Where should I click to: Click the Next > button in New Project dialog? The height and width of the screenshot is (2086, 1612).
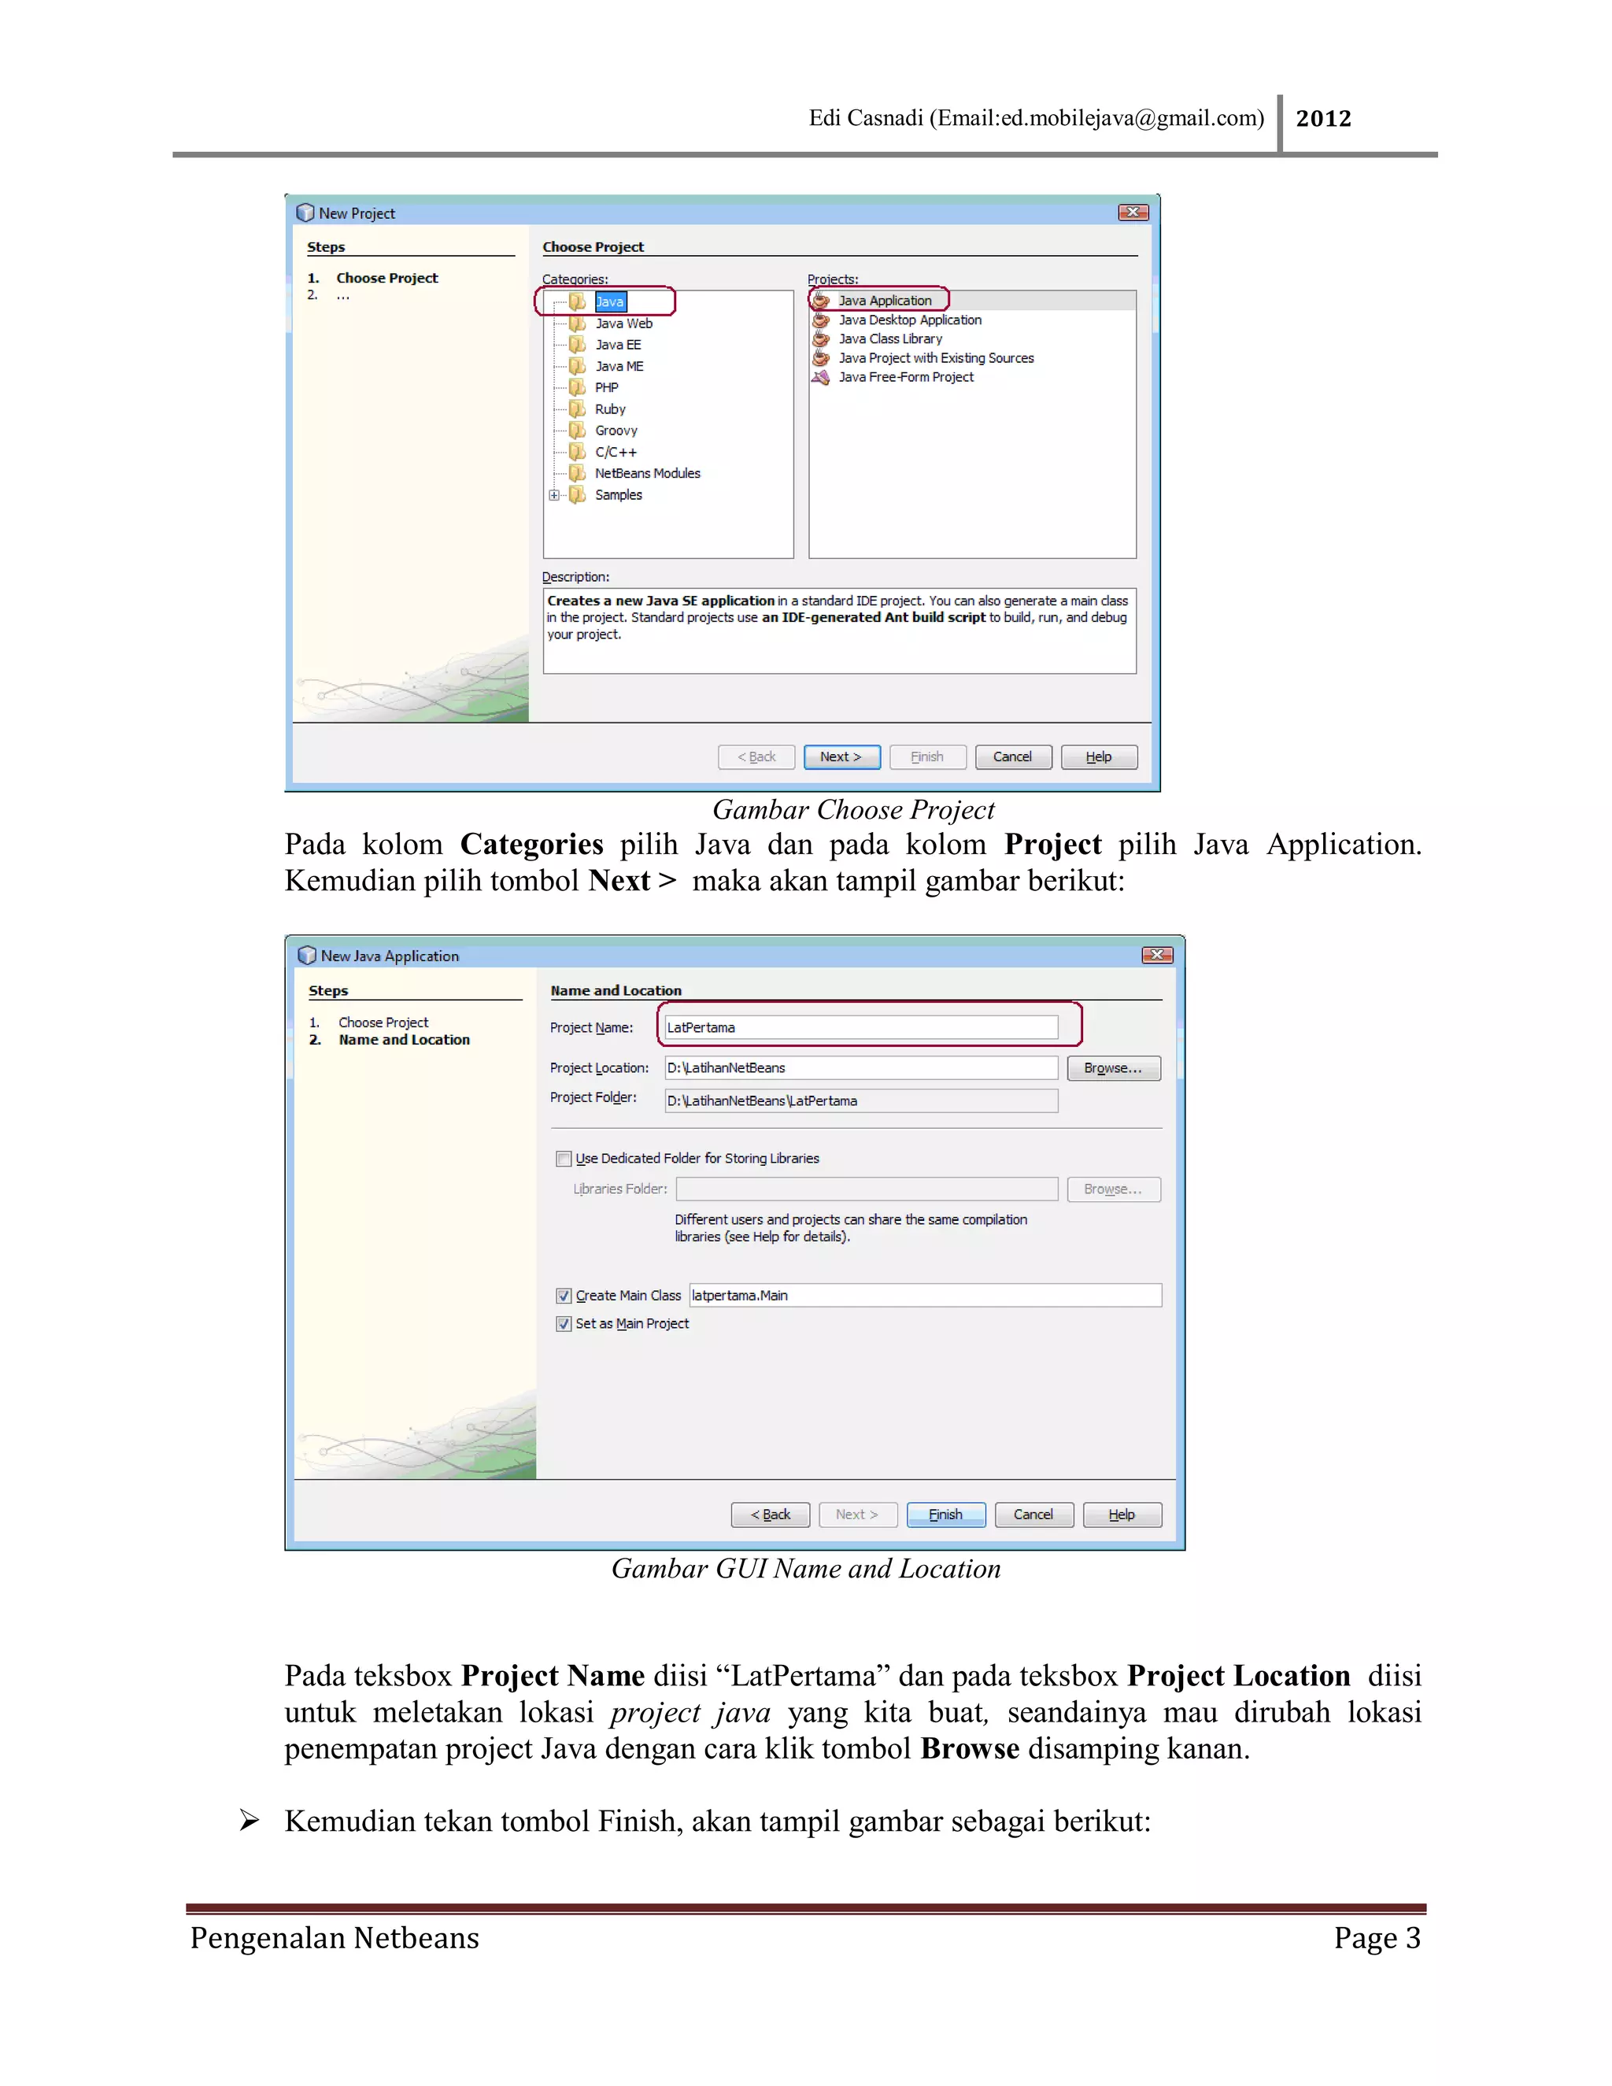coord(841,756)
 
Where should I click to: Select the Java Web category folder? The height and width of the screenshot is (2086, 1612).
coord(623,324)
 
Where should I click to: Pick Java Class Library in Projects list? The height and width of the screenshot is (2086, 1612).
coord(889,339)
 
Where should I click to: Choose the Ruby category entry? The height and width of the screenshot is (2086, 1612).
coord(609,409)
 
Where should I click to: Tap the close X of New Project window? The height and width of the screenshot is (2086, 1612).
coord(1133,212)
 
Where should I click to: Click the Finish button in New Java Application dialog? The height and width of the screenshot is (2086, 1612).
coord(945,1515)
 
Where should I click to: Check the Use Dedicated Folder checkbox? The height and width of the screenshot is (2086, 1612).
coord(564,1159)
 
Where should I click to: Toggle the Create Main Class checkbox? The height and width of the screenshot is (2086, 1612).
coord(564,1296)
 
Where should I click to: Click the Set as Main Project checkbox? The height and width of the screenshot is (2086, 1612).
coord(564,1324)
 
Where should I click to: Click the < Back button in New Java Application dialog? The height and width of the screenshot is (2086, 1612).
coord(770,1515)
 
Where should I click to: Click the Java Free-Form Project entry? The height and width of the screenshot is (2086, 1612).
coord(905,377)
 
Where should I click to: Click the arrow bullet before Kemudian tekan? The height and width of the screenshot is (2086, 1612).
coord(250,1821)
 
